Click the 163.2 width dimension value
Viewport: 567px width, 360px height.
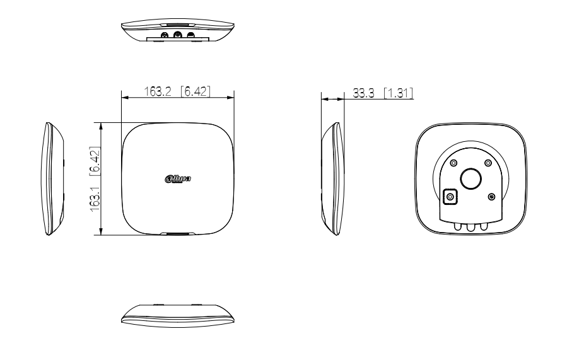coord(158,91)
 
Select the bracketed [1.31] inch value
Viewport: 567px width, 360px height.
coord(398,93)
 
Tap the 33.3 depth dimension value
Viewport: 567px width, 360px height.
coord(363,93)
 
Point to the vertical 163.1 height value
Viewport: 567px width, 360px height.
coord(95,197)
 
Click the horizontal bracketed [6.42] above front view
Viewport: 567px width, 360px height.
coord(196,91)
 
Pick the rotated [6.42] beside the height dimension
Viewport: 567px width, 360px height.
coord(95,161)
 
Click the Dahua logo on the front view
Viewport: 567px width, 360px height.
coord(178,178)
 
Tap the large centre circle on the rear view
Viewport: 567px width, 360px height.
coord(471,179)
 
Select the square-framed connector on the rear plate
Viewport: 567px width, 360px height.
coord(450,197)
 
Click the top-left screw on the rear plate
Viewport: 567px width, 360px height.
coord(453,163)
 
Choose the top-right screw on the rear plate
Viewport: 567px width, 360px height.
coord(488,163)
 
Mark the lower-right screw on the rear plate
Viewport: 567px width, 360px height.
coord(491,197)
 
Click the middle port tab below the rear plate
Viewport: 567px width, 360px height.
coord(471,226)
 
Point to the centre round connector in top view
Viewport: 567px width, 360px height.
coord(178,35)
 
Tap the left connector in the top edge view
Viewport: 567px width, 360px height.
coord(165,35)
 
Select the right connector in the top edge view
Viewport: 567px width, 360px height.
coord(190,35)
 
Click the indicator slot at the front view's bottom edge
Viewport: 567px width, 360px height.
coord(178,234)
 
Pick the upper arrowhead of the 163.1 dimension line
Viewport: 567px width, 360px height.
coord(102,126)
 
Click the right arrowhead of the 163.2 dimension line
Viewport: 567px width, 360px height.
coord(230,97)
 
